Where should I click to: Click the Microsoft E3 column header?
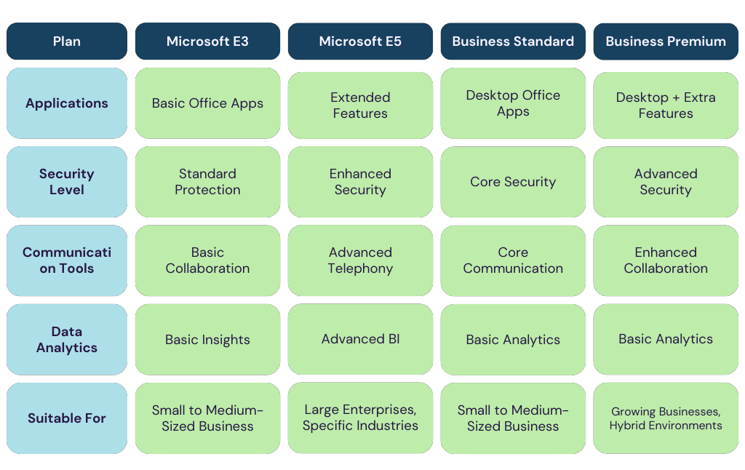coord(207,41)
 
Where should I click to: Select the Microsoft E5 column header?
coord(360,41)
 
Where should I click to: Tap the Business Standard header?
coord(513,41)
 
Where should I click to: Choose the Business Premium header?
coord(666,41)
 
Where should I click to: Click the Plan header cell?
coord(67,41)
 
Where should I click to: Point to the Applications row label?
coord(67,103)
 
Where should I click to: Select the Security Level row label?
coord(67,182)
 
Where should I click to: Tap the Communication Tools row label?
coord(67,260)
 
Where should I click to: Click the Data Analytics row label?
coord(67,340)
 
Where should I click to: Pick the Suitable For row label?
coord(67,418)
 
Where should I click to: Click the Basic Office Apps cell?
coord(207,103)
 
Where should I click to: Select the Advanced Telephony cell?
coord(360,260)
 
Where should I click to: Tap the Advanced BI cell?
coord(360,340)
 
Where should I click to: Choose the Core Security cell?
coord(513,182)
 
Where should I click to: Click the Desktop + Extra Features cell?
coord(666,105)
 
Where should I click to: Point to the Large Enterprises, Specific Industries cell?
coord(360,418)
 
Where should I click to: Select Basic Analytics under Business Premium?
coord(666,340)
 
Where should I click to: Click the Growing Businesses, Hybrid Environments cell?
coord(666,418)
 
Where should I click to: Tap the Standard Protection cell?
coord(207,182)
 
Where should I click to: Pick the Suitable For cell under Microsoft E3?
coord(207,418)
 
